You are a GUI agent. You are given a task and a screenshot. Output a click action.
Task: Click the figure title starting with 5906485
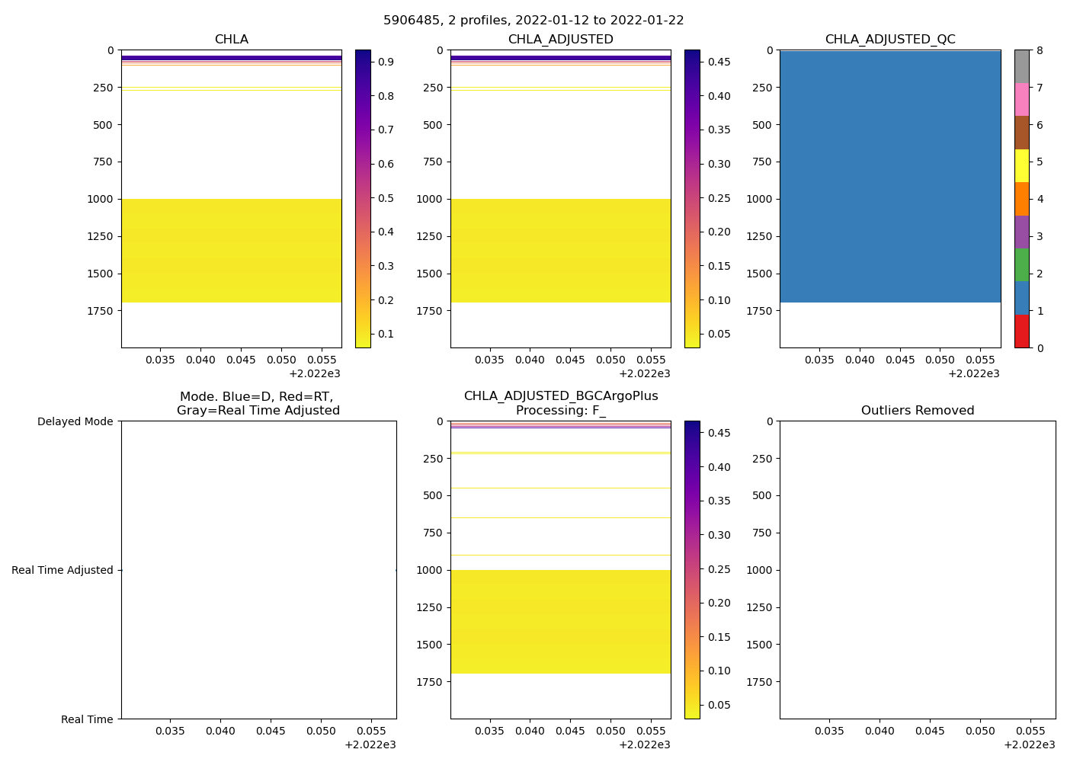pos(533,21)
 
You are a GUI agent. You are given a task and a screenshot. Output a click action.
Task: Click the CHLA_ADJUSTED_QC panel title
pos(890,40)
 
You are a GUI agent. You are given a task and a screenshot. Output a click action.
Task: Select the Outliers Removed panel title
pos(918,411)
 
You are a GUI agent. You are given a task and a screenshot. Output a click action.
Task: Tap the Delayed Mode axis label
pos(75,421)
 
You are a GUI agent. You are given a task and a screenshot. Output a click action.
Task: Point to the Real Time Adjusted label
pos(62,570)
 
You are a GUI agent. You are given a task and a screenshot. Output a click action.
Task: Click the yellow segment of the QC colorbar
pos(1021,165)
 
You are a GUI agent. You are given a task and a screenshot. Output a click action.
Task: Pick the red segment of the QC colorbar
pos(1021,331)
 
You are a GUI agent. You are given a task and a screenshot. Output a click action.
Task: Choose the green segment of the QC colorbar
pos(1021,265)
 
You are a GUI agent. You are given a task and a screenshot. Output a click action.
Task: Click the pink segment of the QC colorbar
pos(1021,100)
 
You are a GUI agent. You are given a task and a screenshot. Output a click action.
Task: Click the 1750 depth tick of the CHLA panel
pos(101,311)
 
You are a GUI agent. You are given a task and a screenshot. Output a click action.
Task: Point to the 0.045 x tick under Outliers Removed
pos(930,732)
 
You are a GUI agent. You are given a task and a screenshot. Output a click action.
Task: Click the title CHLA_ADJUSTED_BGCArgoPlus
pos(561,396)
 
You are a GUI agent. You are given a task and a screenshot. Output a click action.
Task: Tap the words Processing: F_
pos(561,411)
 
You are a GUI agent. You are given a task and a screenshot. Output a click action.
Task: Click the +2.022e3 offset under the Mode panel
pos(370,744)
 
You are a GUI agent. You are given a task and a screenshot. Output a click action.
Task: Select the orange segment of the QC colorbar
pos(1021,199)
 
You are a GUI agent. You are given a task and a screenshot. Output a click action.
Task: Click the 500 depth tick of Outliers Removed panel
pos(763,495)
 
